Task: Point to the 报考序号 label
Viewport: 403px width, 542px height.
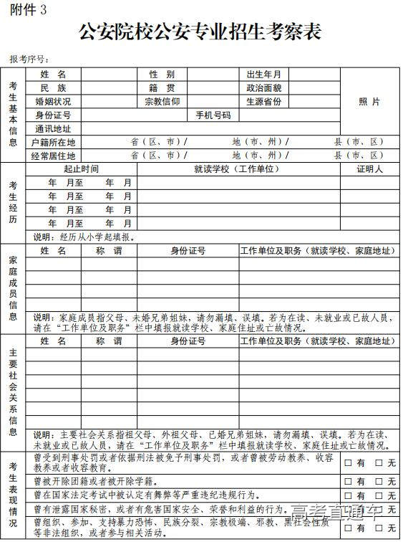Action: (29, 59)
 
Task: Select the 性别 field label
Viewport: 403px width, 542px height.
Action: (162, 74)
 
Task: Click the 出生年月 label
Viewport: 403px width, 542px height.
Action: (263, 74)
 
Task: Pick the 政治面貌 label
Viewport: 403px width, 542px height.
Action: (263, 87)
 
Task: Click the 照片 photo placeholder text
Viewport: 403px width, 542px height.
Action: (369, 101)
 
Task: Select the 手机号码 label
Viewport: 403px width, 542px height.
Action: (213, 115)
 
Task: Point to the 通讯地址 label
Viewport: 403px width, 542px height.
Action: (53, 128)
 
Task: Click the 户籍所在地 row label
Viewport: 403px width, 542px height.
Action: (53, 142)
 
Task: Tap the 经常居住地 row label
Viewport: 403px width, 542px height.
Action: (53, 155)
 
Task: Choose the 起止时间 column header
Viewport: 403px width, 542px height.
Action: (81, 168)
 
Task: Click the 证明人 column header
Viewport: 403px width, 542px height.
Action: (369, 168)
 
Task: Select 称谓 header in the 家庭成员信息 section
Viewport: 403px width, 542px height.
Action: (109, 251)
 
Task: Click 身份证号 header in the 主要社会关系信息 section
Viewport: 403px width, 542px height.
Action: (188, 341)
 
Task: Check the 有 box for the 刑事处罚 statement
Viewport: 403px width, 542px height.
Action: (349, 462)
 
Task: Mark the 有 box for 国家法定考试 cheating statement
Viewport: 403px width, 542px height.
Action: (349, 495)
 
